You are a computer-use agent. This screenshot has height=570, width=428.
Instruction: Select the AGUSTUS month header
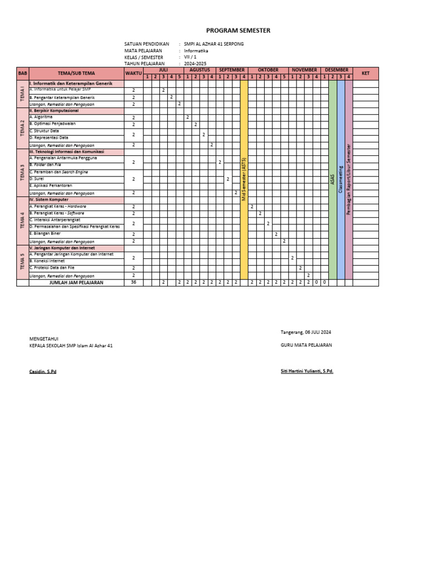click(200, 70)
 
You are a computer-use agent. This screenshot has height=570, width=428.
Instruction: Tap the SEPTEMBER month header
click(232, 70)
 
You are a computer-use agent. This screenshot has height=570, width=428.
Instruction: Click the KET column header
click(366, 73)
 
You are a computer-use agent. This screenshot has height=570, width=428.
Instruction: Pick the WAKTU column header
click(134, 73)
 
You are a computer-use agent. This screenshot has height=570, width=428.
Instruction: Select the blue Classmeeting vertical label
click(341, 178)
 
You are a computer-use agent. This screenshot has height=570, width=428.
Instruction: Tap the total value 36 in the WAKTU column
click(134, 282)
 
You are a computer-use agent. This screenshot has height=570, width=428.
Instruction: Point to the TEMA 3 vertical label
click(22, 173)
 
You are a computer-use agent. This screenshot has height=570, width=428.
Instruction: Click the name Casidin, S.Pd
click(43, 371)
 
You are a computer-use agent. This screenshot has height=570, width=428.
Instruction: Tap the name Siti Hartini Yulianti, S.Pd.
click(307, 371)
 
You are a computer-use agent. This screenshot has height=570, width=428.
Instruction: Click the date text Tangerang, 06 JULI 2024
click(306, 332)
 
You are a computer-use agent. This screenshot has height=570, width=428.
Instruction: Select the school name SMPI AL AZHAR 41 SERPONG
click(214, 43)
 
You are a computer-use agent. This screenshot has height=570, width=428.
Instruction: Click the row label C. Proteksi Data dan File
click(52, 268)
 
